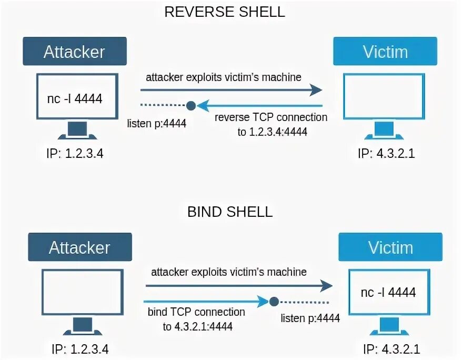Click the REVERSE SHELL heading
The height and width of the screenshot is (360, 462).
pyautogui.click(x=225, y=12)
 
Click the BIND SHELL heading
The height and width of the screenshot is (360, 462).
pyautogui.click(x=230, y=212)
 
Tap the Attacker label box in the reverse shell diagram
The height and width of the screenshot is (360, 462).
pyautogui.click(x=74, y=52)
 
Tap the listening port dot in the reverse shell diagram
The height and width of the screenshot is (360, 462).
pyautogui.click(x=191, y=106)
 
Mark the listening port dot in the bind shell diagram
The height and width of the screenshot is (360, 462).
pyautogui.click(x=274, y=302)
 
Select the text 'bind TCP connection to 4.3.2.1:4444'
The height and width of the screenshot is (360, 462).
pyautogui.click(x=197, y=319)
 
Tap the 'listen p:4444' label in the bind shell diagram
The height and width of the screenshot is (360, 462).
pyautogui.click(x=310, y=318)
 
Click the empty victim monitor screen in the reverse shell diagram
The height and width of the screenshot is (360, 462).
pyautogui.click(x=384, y=98)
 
